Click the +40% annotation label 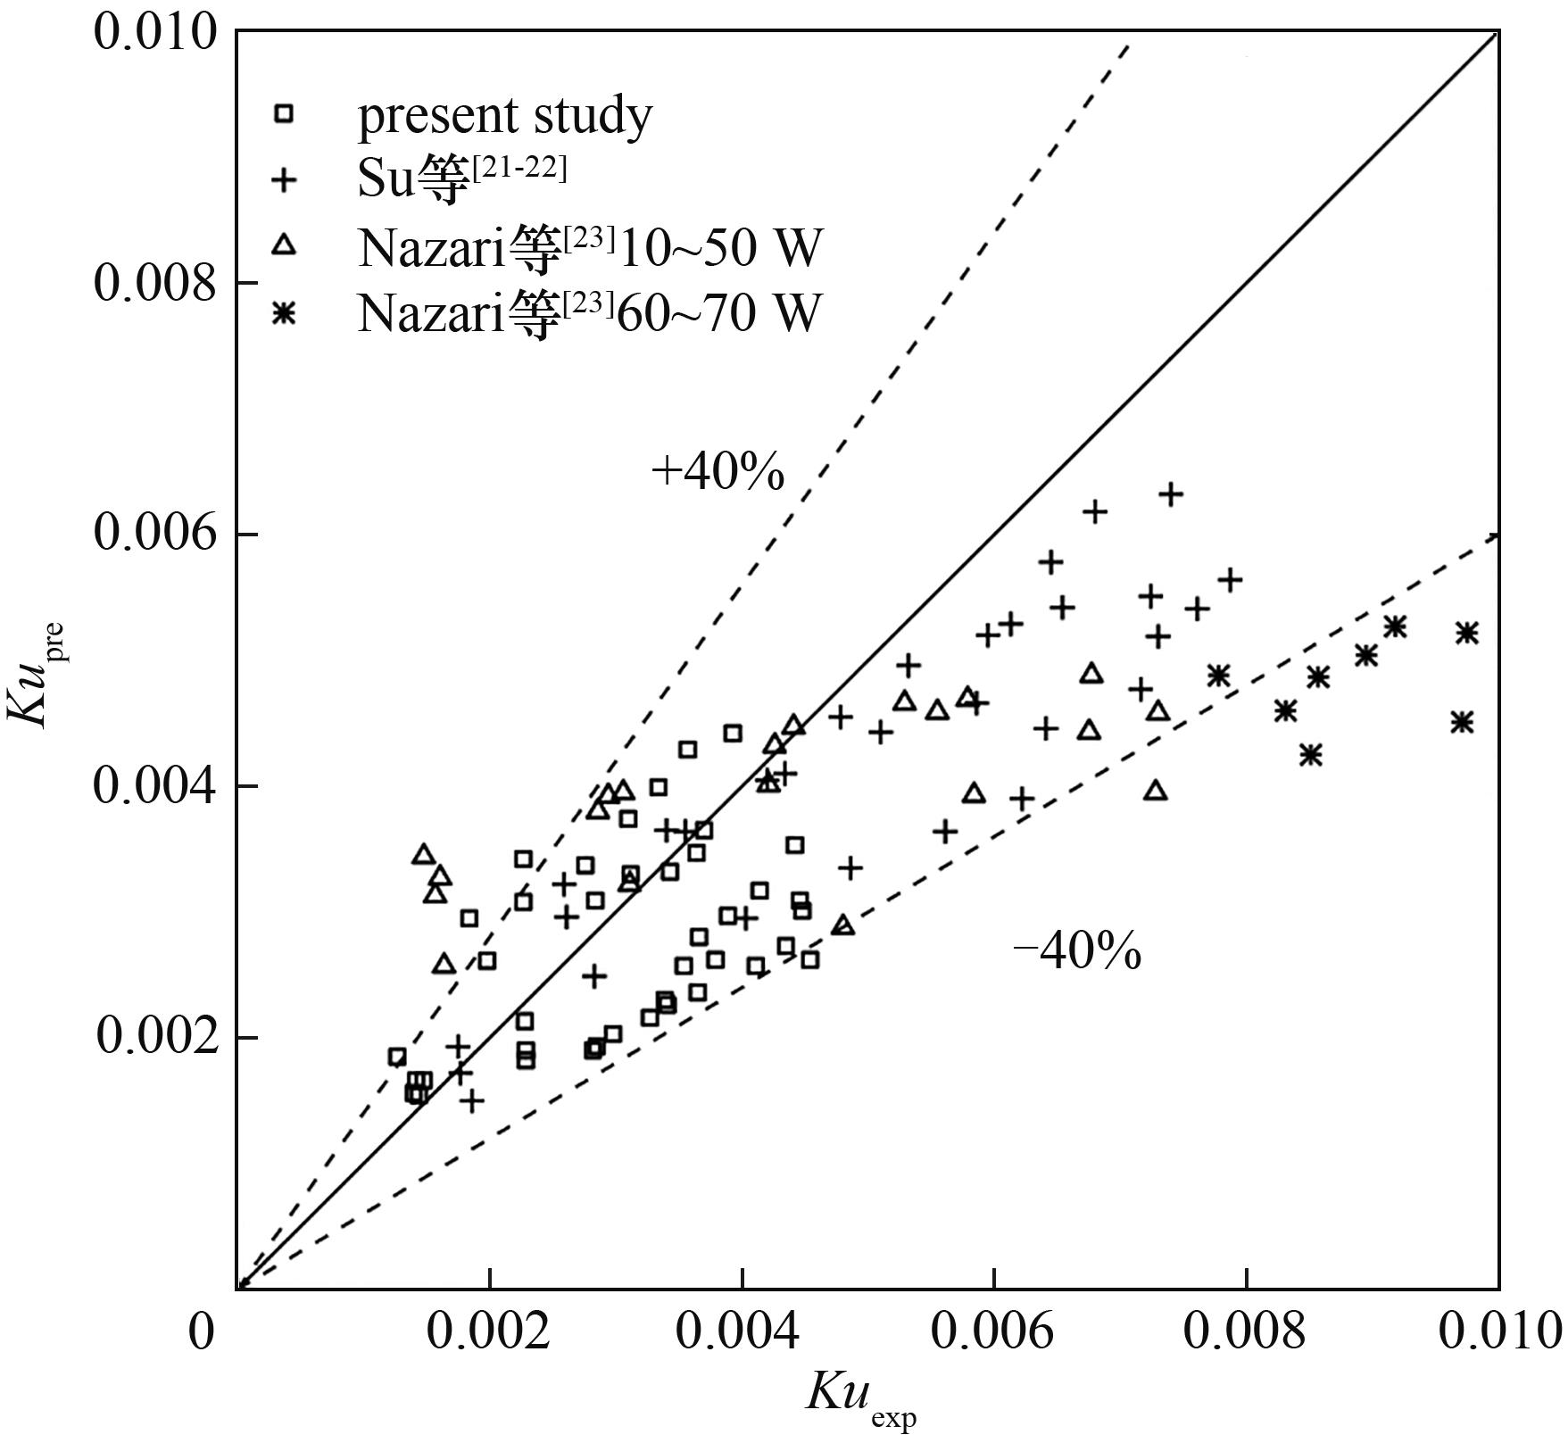tap(718, 472)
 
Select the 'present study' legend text tap(505, 116)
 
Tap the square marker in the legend tap(284, 113)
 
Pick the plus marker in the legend tap(284, 180)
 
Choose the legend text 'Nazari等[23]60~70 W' tap(589, 314)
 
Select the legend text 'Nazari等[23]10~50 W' tap(589, 248)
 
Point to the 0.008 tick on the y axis tap(155, 284)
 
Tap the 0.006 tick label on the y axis tap(155, 535)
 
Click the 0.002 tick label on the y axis tap(155, 1037)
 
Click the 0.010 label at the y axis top tap(155, 33)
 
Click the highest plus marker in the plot tap(1170, 493)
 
